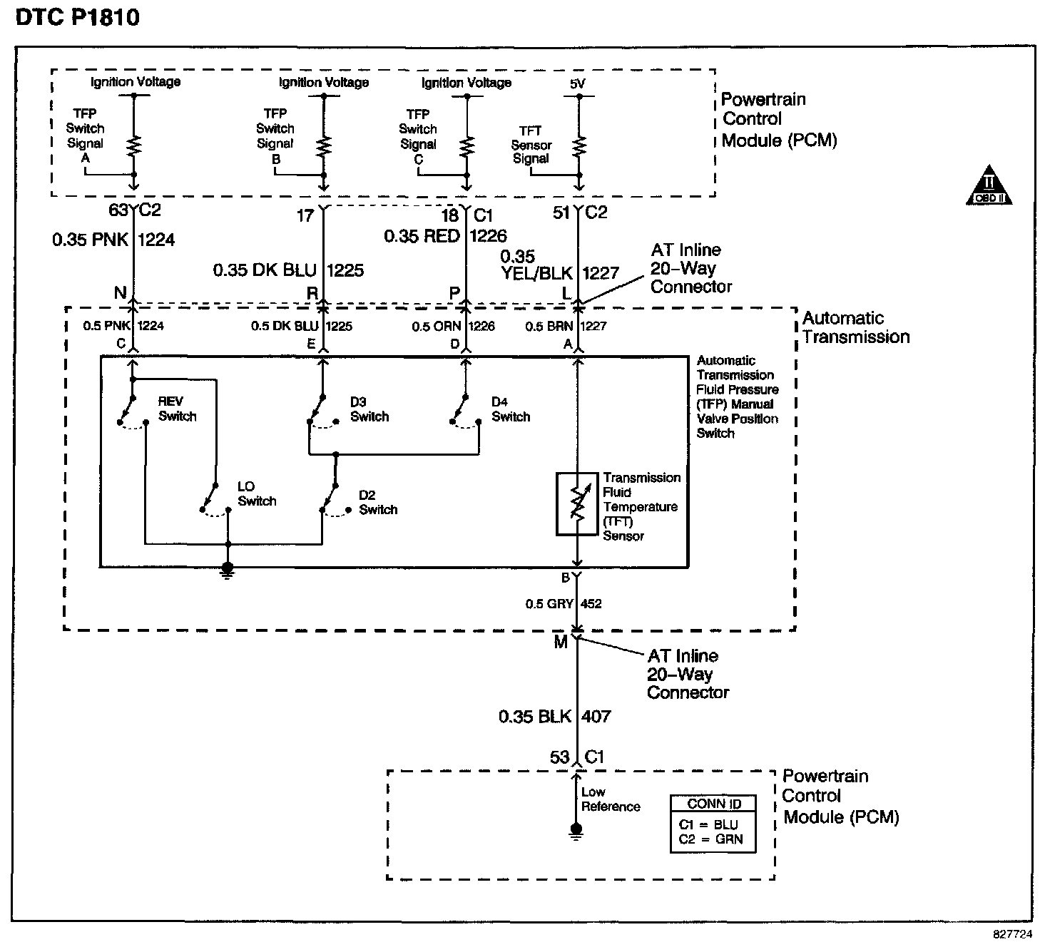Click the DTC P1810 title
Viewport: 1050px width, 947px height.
point(78,17)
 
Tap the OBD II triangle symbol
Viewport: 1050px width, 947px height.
point(989,185)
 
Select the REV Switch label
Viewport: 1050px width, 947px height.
point(177,409)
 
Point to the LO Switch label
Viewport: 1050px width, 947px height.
point(257,493)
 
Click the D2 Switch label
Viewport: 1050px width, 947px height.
point(378,503)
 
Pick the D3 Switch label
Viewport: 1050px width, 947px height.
point(369,409)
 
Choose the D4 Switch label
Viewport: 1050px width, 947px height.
point(511,409)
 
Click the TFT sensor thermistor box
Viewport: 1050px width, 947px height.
point(577,504)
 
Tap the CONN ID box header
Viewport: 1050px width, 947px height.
point(714,804)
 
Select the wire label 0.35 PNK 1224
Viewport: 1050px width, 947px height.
point(113,240)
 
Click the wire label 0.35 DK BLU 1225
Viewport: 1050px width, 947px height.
point(288,270)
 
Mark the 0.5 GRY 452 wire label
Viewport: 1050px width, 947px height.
point(564,603)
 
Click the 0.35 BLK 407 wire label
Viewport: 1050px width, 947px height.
point(554,716)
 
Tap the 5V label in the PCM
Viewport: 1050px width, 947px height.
point(577,83)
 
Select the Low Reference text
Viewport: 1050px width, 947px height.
point(611,799)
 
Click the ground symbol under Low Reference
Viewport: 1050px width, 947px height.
point(576,831)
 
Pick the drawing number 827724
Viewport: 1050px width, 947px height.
point(1013,934)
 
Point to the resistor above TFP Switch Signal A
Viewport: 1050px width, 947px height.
point(134,145)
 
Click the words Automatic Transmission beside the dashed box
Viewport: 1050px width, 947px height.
point(856,327)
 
